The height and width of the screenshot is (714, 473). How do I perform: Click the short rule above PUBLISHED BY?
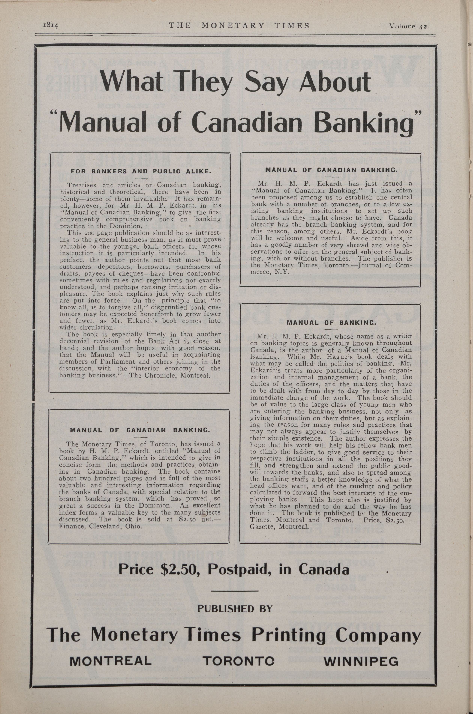click(x=234, y=590)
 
